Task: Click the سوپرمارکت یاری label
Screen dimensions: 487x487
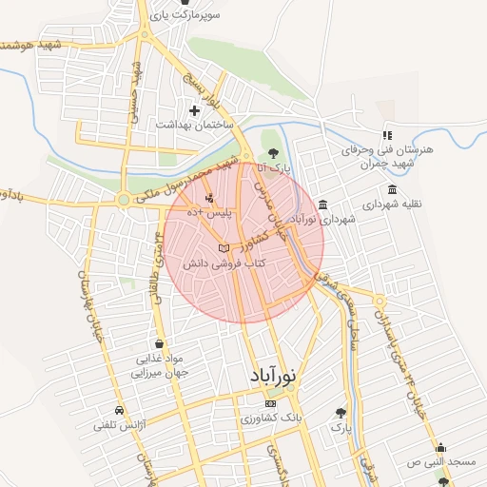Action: point(218,17)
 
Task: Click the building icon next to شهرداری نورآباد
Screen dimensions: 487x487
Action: point(323,205)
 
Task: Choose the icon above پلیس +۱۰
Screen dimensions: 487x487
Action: point(209,198)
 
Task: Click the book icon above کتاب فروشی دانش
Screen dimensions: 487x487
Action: point(224,248)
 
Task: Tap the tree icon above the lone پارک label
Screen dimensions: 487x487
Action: point(341,413)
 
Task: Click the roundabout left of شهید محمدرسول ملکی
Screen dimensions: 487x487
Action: point(123,199)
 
